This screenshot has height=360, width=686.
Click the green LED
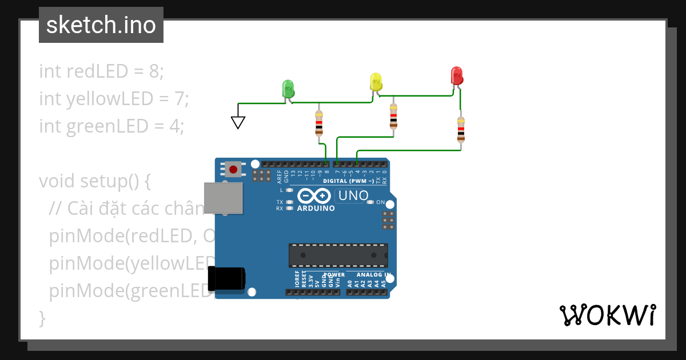tap(288, 89)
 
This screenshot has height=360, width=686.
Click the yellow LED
tap(376, 81)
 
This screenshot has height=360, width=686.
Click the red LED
tap(456, 75)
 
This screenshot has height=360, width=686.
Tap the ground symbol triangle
tap(238, 122)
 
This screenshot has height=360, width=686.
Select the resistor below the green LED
tap(319, 123)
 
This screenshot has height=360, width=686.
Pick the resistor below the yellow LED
tap(393, 117)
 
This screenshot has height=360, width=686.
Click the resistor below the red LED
tap(461, 130)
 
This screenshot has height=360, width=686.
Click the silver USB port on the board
tap(223, 198)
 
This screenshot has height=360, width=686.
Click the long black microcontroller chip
tap(338, 255)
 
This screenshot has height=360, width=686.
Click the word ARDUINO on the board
tap(316, 209)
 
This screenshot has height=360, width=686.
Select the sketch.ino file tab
tap(101, 25)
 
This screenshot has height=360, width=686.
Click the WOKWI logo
tap(607, 315)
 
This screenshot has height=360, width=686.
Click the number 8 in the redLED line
tap(154, 71)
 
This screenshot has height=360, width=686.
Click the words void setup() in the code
tap(94, 181)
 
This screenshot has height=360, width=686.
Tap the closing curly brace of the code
tap(42, 318)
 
